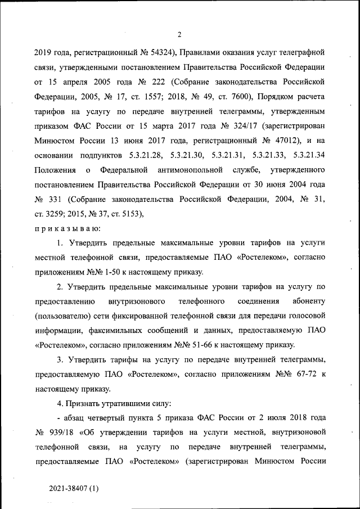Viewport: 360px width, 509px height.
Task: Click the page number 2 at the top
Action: pos(179,34)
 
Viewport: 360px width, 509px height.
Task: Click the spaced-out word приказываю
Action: pos(67,228)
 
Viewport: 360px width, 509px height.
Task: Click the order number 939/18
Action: pos(61,433)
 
